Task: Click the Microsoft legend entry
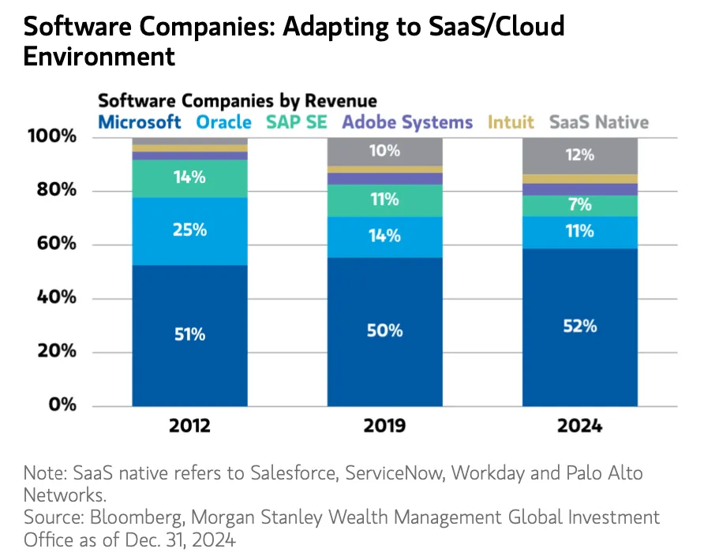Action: tap(140, 122)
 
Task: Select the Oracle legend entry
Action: tap(223, 122)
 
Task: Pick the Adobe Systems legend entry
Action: tap(407, 122)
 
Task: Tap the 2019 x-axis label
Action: tap(384, 427)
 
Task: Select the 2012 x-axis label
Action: tap(189, 427)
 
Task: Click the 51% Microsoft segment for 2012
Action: tap(189, 334)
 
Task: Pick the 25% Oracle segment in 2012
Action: tap(189, 230)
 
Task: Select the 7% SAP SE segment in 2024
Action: tap(579, 205)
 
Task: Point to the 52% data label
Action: tap(579, 326)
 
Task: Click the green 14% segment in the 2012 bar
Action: tap(189, 178)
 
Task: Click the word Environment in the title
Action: tap(99, 56)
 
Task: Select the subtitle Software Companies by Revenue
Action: tap(237, 101)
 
